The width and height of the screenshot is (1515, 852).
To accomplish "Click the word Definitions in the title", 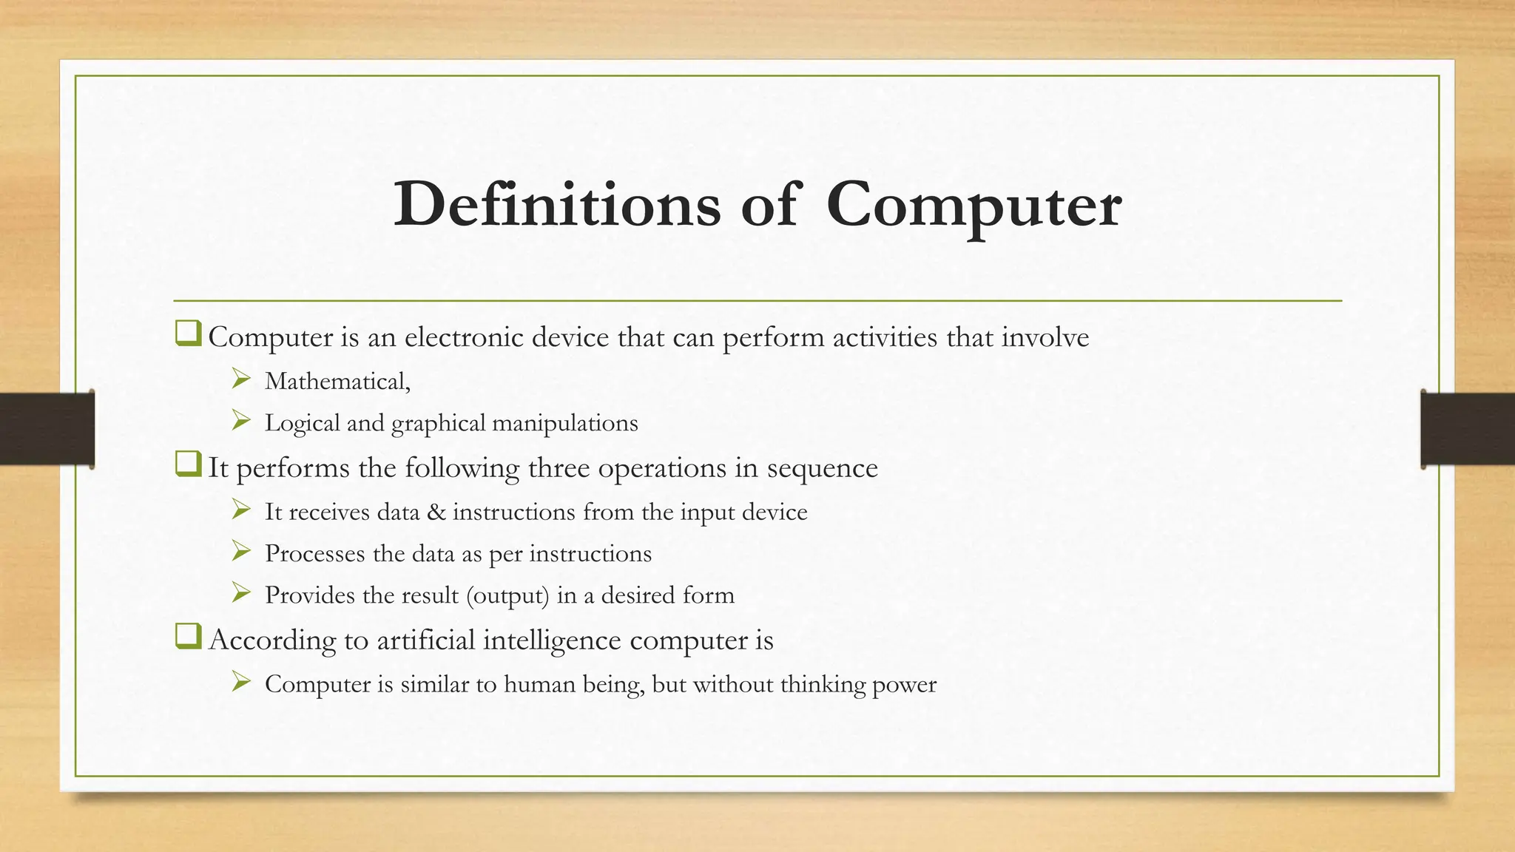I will pyautogui.click(x=556, y=204).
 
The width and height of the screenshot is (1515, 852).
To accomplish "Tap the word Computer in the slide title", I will pyautogui.click(x=974, y=206).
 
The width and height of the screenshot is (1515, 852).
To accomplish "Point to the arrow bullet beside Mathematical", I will pyautogui.click(x=240, y=380).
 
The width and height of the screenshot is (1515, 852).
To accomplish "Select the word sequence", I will pyautogui.click(x=822, y=469).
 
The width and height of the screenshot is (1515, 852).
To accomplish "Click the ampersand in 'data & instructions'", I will pyautogui.click(x=436, y=512).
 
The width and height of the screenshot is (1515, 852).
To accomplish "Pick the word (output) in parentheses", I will pyautogui.click(x=507, y=596).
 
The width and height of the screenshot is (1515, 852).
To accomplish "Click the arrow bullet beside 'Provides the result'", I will pyautogui.click(x=240, y=593).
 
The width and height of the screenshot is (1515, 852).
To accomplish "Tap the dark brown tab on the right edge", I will pyautogui.click(x=1468, y=429).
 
